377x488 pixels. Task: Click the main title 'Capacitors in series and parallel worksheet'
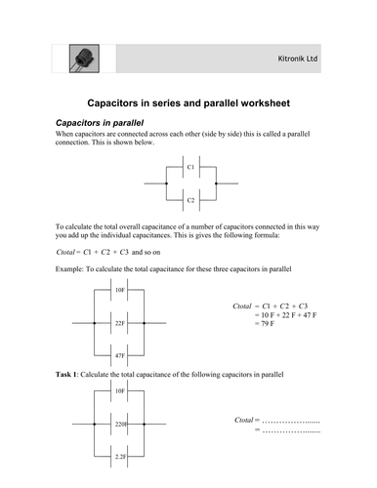(188, 102)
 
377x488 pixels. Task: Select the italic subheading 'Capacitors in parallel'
(96, 123)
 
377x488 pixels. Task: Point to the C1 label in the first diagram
(189, 168)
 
